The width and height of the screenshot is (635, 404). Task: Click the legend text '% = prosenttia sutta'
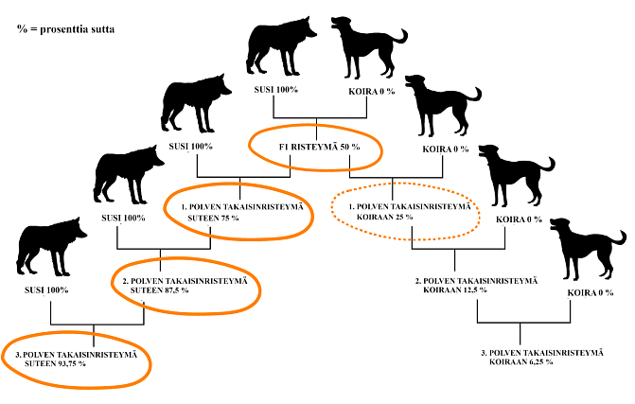click(66, 29)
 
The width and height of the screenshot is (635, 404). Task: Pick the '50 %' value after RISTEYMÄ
click(349, 147)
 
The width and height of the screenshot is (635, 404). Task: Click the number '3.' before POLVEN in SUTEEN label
click(19, 354)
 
